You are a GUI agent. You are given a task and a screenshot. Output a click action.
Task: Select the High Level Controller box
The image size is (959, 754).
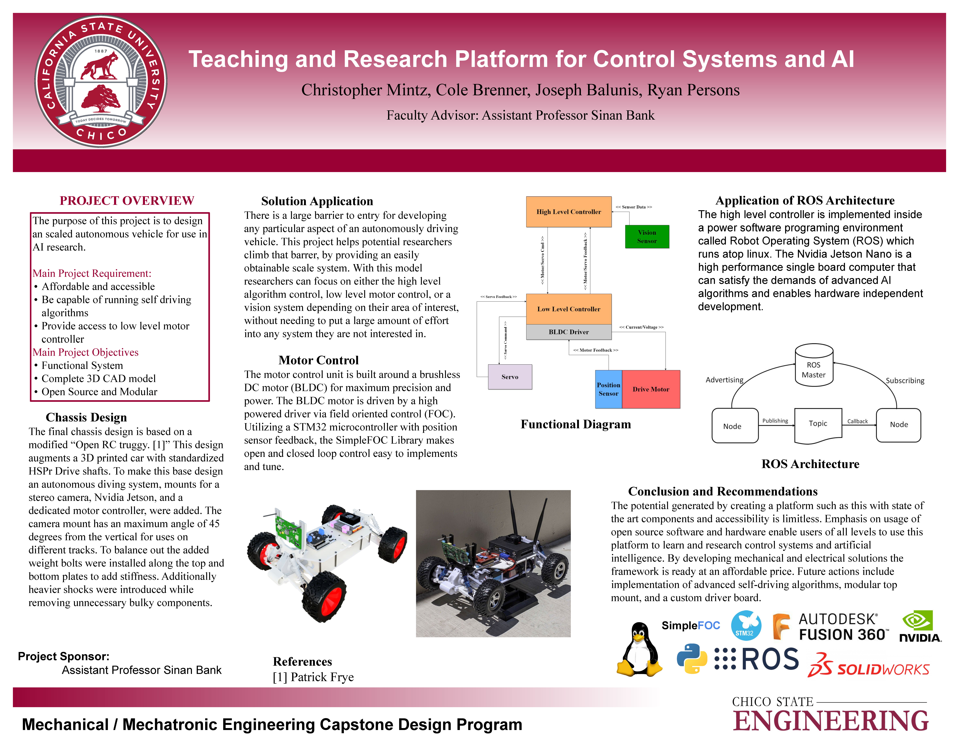(x=569, y=212)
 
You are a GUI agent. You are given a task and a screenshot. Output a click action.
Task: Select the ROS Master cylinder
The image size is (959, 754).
(x=814, y=366)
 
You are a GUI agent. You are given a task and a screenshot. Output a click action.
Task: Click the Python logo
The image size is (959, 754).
(x=692, y=658)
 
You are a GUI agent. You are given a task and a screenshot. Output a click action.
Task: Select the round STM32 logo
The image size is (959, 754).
(x=746, y=625)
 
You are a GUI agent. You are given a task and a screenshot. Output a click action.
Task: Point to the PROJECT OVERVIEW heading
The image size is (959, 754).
(x=127, y=201)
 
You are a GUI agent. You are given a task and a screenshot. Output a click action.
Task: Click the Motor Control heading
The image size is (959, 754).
(x=319, y=360)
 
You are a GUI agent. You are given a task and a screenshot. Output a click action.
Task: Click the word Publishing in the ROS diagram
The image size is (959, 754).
(x=775, y=421)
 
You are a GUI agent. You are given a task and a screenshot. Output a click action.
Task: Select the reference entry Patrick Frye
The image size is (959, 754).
(x=313, y=677)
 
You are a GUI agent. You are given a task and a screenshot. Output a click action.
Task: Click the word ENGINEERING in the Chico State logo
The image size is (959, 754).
(x=831, y=721)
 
